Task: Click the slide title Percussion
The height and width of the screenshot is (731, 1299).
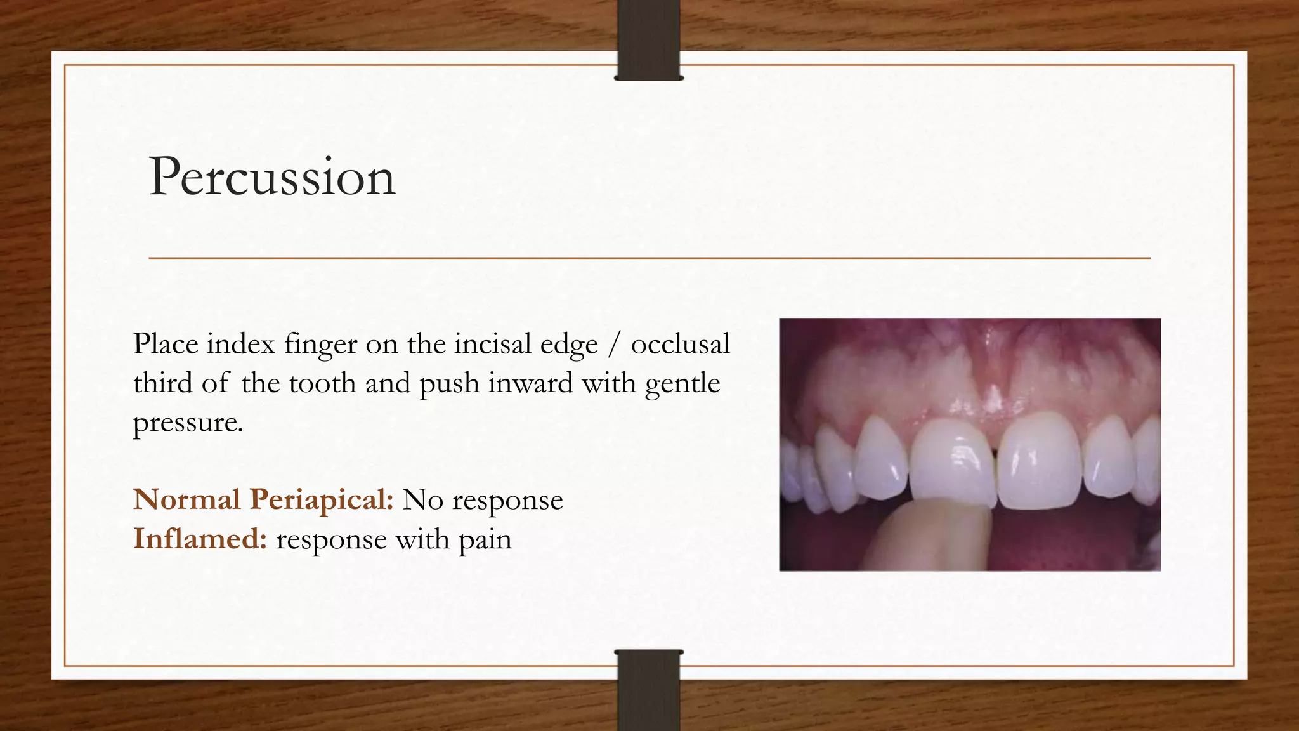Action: point(272,177)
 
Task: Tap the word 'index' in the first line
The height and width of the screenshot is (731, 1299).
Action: point(240,345)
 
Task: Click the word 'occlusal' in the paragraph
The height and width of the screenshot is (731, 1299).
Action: point(680,345)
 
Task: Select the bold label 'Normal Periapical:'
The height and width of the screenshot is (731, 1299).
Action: point(263,500)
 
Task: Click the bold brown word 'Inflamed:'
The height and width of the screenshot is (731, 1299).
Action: point(200,539)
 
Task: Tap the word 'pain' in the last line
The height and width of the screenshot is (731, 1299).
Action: point(485,541)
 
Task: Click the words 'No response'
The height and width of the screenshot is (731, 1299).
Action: point(483,500)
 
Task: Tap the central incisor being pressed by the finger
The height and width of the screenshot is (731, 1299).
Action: point(951,460)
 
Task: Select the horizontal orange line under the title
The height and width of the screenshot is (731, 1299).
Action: point(649,258)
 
